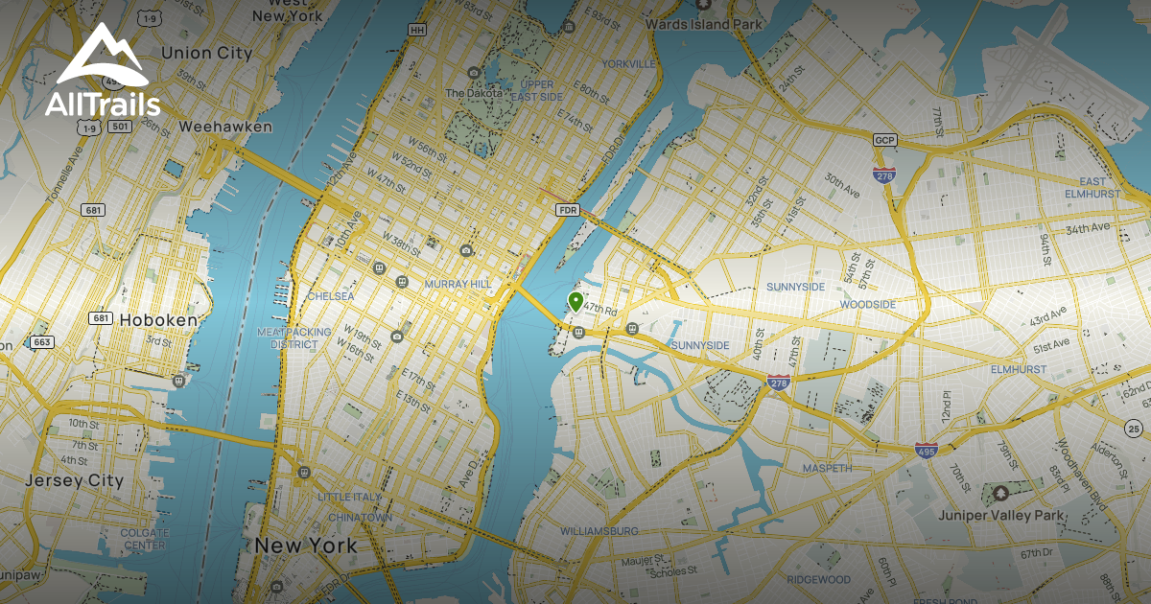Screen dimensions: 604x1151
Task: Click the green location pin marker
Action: click(575, 301)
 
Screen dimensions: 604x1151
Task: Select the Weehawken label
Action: click(225, 127)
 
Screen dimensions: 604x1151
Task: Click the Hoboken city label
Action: click(158, 319)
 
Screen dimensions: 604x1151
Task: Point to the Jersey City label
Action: click(75, 480)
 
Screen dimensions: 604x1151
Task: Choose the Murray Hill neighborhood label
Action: click(457, 284)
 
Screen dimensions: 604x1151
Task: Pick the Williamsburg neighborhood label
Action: click(599, 530)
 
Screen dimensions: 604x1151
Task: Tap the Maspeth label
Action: click(825, 468)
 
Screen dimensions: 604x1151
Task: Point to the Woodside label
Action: click(867, 304)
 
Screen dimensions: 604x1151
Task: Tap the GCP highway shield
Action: click(883, 139)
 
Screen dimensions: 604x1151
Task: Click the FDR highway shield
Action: click(567, 208)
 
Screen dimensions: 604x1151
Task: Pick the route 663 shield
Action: click(42, 341)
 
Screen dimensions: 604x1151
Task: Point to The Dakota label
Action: click(469, 93)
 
